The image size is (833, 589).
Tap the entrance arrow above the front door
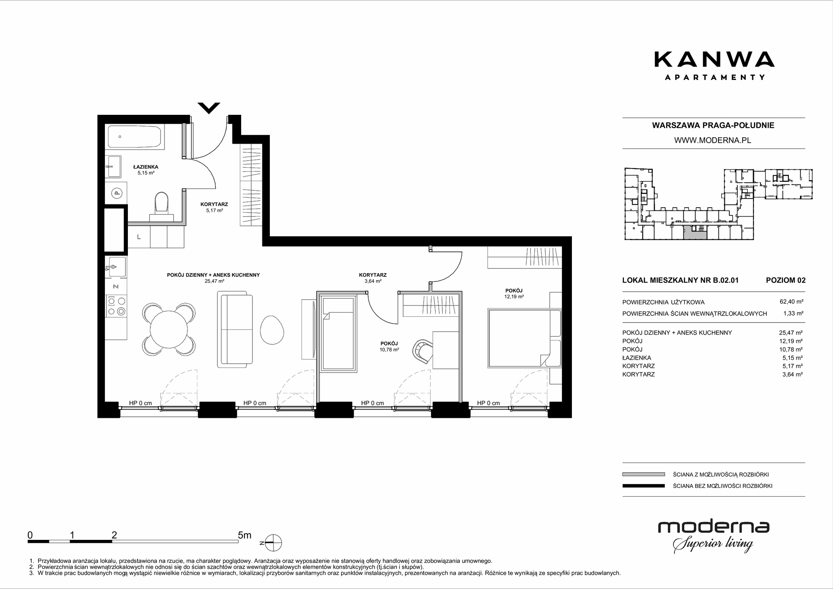pyautogui.click(x=209, y=108)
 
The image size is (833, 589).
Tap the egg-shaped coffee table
pyautogui.click(x=272, y=330)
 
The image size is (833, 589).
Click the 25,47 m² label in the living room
pyautogui.click(x=214, y=281)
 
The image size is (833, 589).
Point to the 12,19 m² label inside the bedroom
pyautogui.click(x=514, y=297)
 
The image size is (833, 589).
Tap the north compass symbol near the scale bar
pyautogui.click(x=272, y=543)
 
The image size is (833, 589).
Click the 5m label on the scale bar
pyautogui.click(x=244, y=535)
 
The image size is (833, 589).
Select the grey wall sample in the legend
pyautogui.click(x=643, y=474)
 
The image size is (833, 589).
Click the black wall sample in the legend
pyautogui.click(x=643, y=486)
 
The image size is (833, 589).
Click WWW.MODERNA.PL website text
pyautogui.click(x=713, y=140)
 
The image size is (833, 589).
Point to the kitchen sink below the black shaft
pyautogui.click(x=116, y=266)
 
